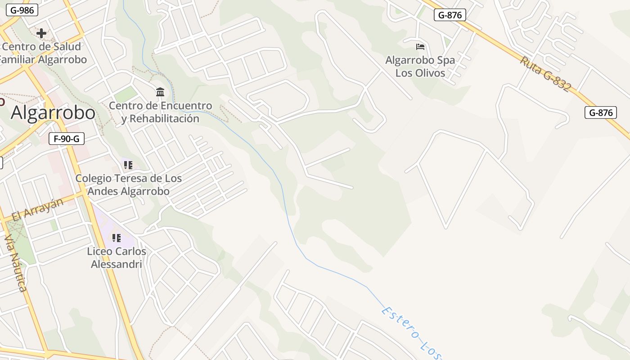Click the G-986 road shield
[x=22, y=10]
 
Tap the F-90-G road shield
[x=67, y=139]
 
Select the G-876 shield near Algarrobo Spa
[x=450, y=15]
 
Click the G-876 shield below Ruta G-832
[x=601, y=112]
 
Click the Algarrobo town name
[x=53, y=112]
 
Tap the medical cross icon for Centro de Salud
[x=41, y=33]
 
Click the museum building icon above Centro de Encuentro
[x=160, y=92]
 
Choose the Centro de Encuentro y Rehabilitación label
[x=160, y=112]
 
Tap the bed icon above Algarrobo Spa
[x=420, y=46]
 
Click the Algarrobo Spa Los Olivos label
[x=420, y=66]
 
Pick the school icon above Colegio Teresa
[x=128, y=165]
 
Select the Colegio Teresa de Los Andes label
[x=128, y=184]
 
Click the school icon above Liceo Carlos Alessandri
[x=117, y=238]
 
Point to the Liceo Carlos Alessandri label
[x=117, y=257]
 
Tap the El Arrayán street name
[x=38, y=210]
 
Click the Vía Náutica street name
[x=16, y=263]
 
